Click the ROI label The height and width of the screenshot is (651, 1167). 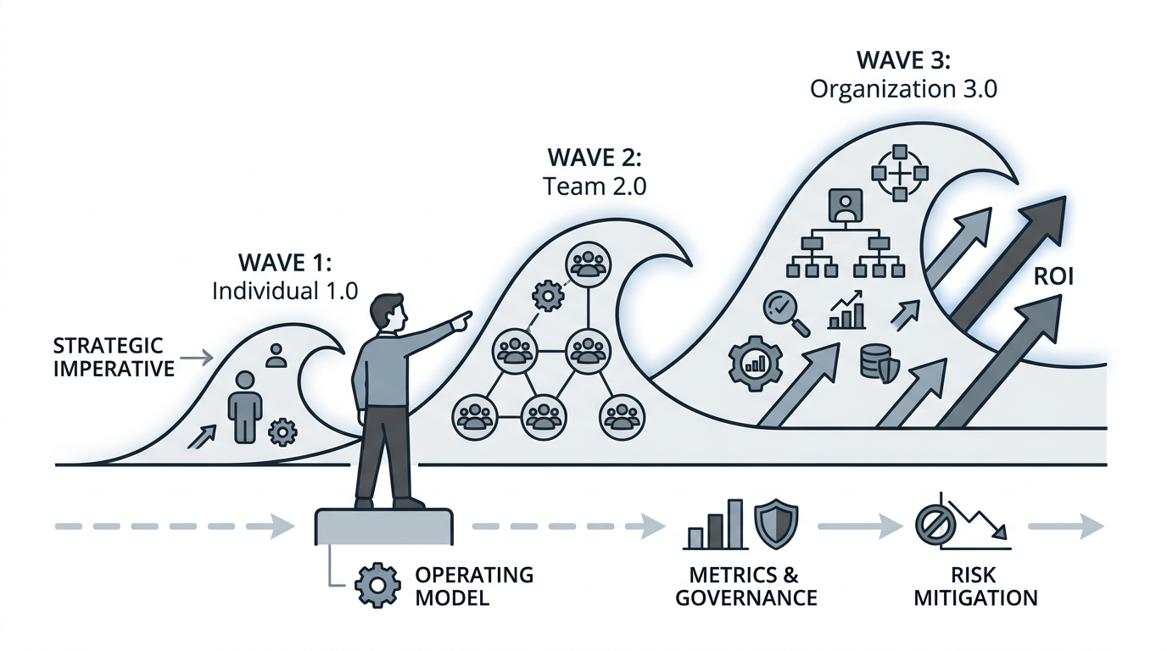pyautogui.click(x=1054, y=277)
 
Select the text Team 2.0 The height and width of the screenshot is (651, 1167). pyautogui.click(x=594, y=186)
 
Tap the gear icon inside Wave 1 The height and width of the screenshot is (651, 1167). pyautogui.click(x=282, y=431)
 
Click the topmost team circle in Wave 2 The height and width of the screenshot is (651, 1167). pyautogui.click(x=584, y=264)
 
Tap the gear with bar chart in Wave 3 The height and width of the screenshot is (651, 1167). pyautogui.click(x=752, y=363)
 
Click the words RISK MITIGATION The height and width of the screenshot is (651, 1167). pyautogui.click(x=974, y=586)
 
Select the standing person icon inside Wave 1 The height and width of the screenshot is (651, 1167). pyautogui.click(x=244, y=406)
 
